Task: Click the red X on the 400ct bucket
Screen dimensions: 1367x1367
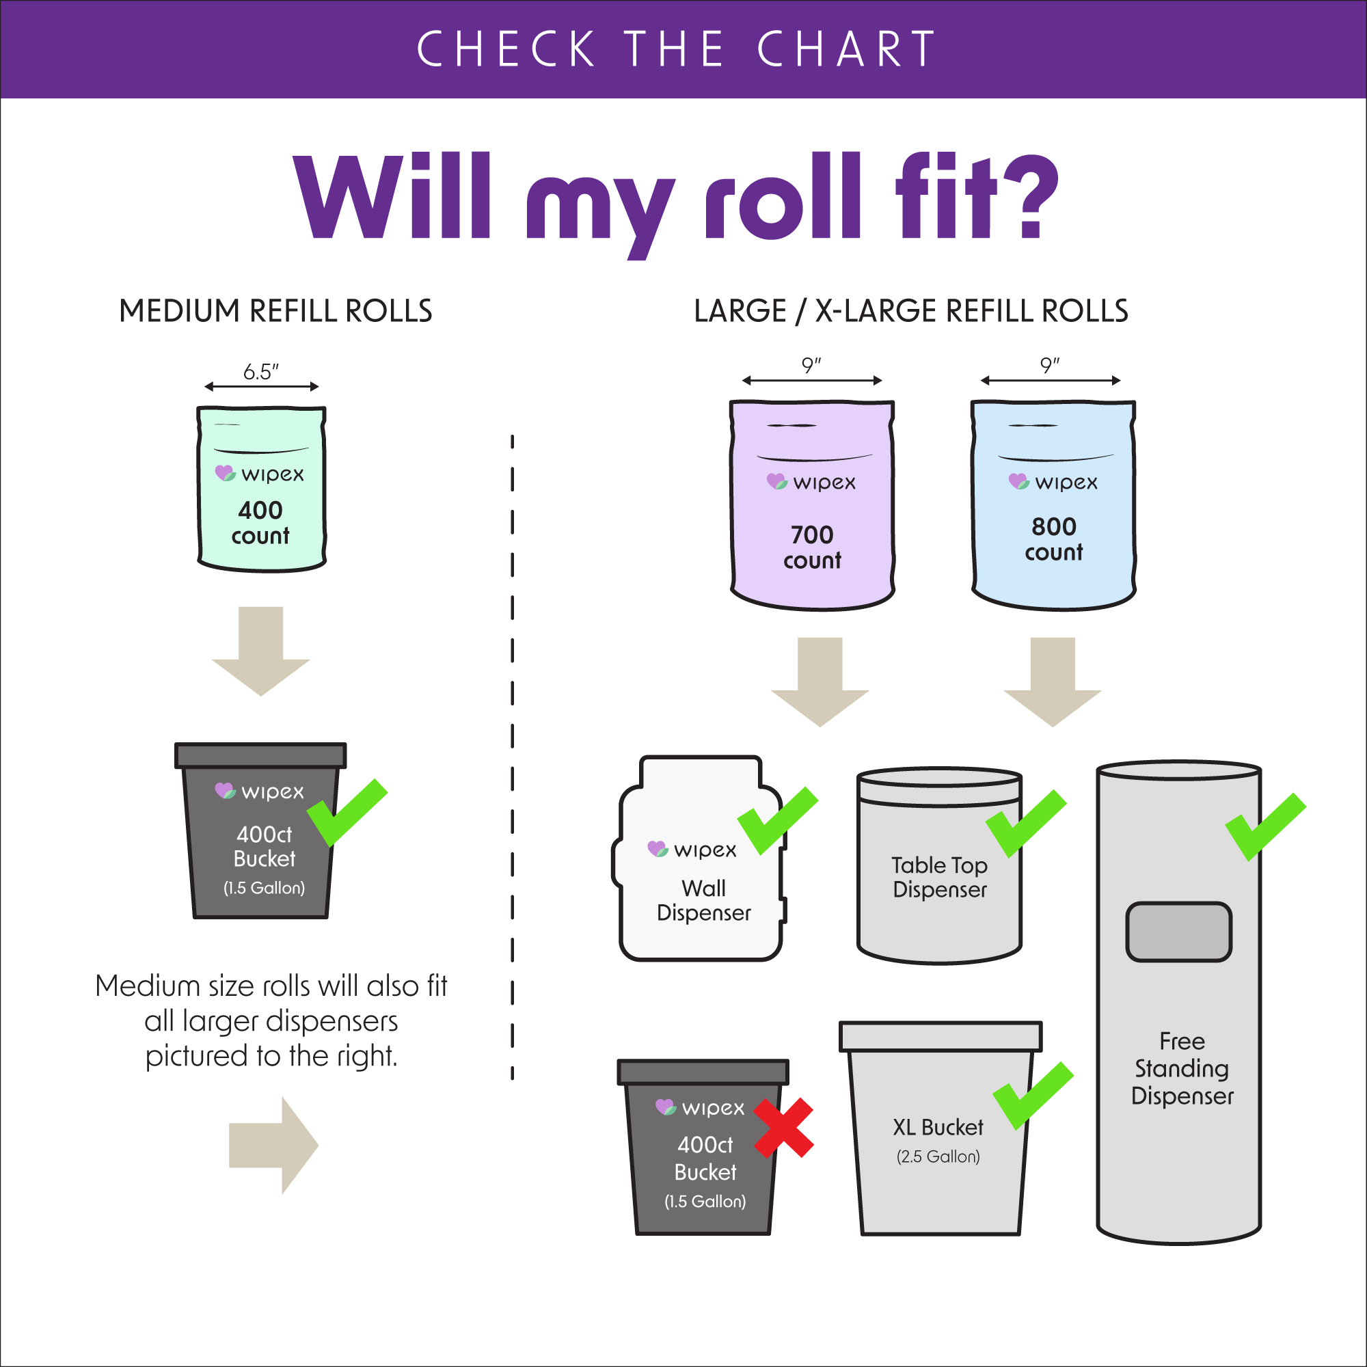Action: tap(783, 1128)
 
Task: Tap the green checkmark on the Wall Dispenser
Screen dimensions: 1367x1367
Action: tap(778, 821)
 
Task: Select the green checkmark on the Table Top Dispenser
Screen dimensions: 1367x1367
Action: tap(1026, 824)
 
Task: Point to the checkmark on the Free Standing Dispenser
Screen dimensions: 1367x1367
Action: tap(1266, 827)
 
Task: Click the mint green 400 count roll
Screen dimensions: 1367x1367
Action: tap(261, 489)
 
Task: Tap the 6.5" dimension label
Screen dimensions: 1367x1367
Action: tap(261, 371)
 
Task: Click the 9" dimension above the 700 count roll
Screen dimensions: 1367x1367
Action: tap(811, 365)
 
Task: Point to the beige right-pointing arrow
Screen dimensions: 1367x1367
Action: tap(274, 1146)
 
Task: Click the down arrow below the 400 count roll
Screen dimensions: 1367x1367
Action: tap(261, 651)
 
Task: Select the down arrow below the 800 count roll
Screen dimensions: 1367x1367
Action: tap(1053, 682)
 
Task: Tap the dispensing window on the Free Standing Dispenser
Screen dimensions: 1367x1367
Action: tap(1179, 932)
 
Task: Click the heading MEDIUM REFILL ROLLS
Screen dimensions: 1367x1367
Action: tap(276, 310)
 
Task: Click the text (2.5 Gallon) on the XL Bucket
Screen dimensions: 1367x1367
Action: tap(938, 1156)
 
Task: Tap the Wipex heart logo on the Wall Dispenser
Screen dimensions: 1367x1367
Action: tap(658, 848)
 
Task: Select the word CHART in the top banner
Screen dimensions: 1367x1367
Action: tap(846, 49)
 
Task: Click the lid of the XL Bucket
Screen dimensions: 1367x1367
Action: tap(940, 1037)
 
